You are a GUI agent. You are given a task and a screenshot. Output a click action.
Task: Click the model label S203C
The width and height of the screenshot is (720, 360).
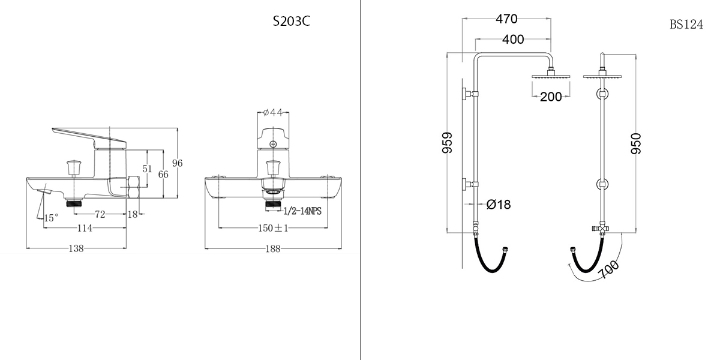291,22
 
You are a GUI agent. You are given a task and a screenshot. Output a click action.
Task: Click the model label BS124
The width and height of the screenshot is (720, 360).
686,25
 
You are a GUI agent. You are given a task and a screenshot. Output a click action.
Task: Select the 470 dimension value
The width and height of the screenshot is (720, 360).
506,19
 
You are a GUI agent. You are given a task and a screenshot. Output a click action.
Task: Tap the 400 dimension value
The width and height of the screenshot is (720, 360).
513,39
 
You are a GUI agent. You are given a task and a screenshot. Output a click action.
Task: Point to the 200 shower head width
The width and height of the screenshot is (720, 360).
551,97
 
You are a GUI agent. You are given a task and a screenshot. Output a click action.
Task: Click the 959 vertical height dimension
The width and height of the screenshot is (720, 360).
448,143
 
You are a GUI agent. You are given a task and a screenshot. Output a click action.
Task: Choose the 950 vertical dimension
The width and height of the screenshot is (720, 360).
636,143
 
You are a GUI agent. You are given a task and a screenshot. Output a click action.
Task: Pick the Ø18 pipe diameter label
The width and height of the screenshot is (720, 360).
499,204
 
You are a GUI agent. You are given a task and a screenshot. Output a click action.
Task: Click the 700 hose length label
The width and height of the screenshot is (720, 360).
608,269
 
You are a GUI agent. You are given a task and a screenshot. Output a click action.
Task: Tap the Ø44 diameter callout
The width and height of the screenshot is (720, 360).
273,113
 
